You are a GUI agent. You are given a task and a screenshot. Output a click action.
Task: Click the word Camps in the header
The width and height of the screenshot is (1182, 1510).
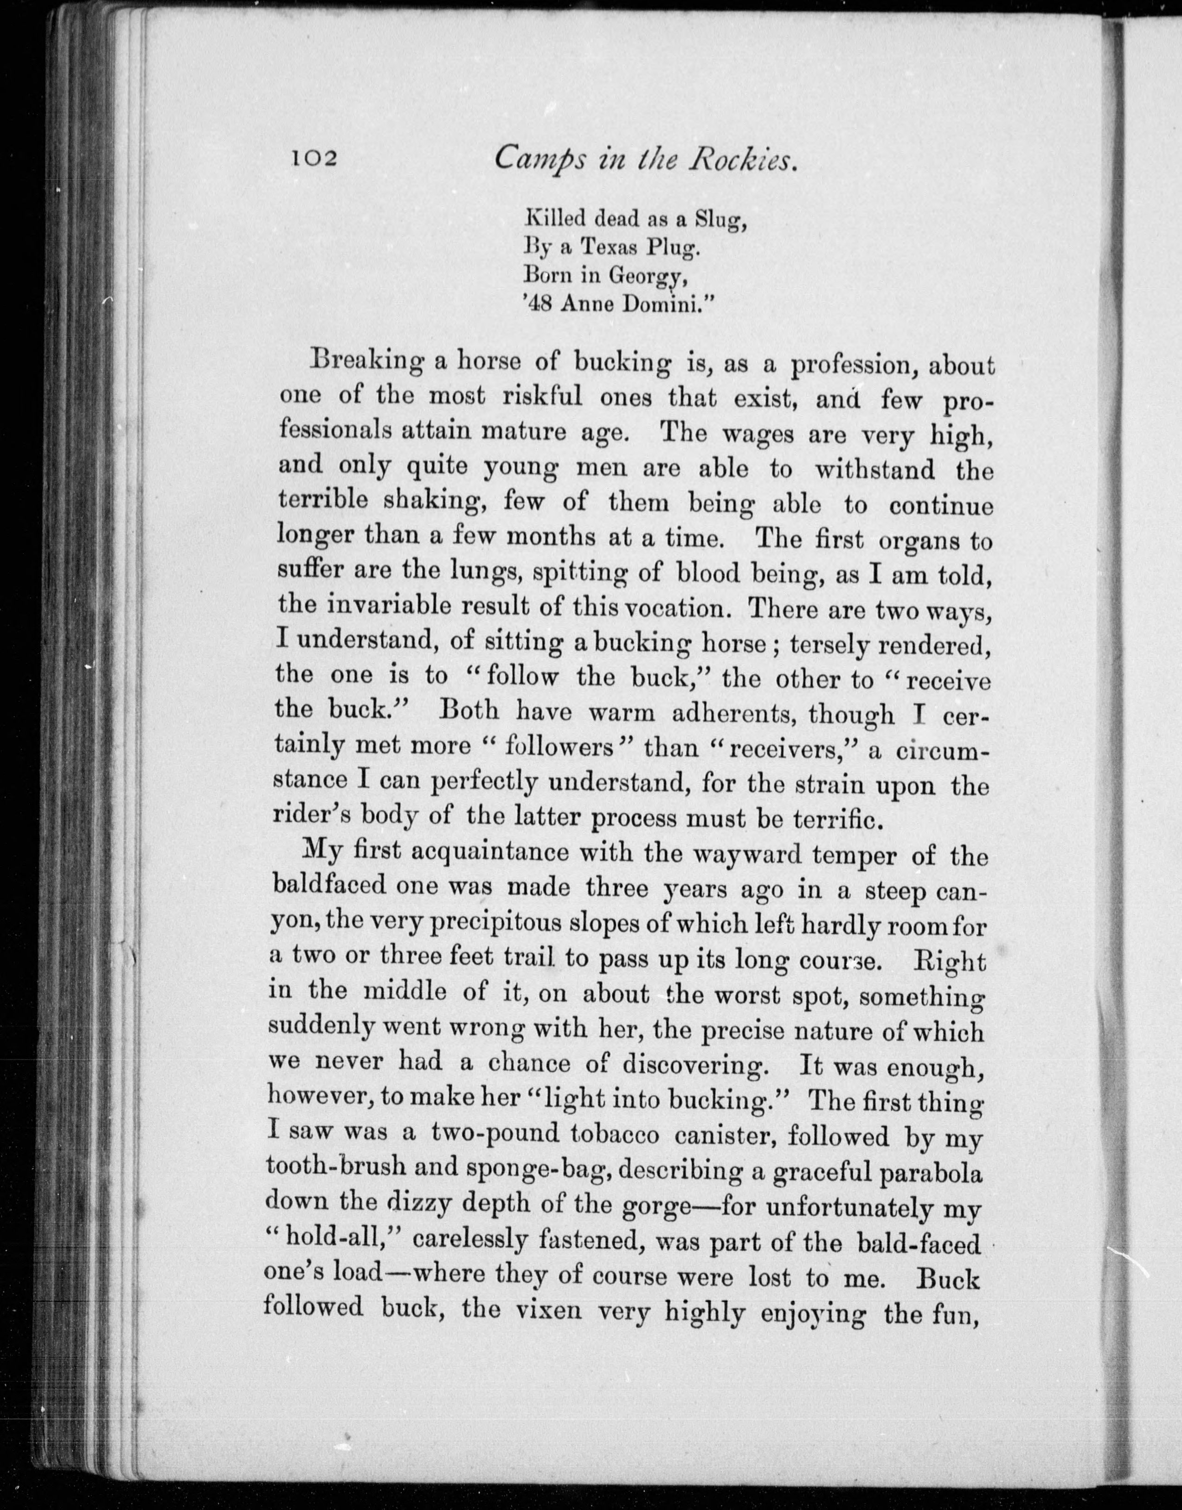click(532, 161)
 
